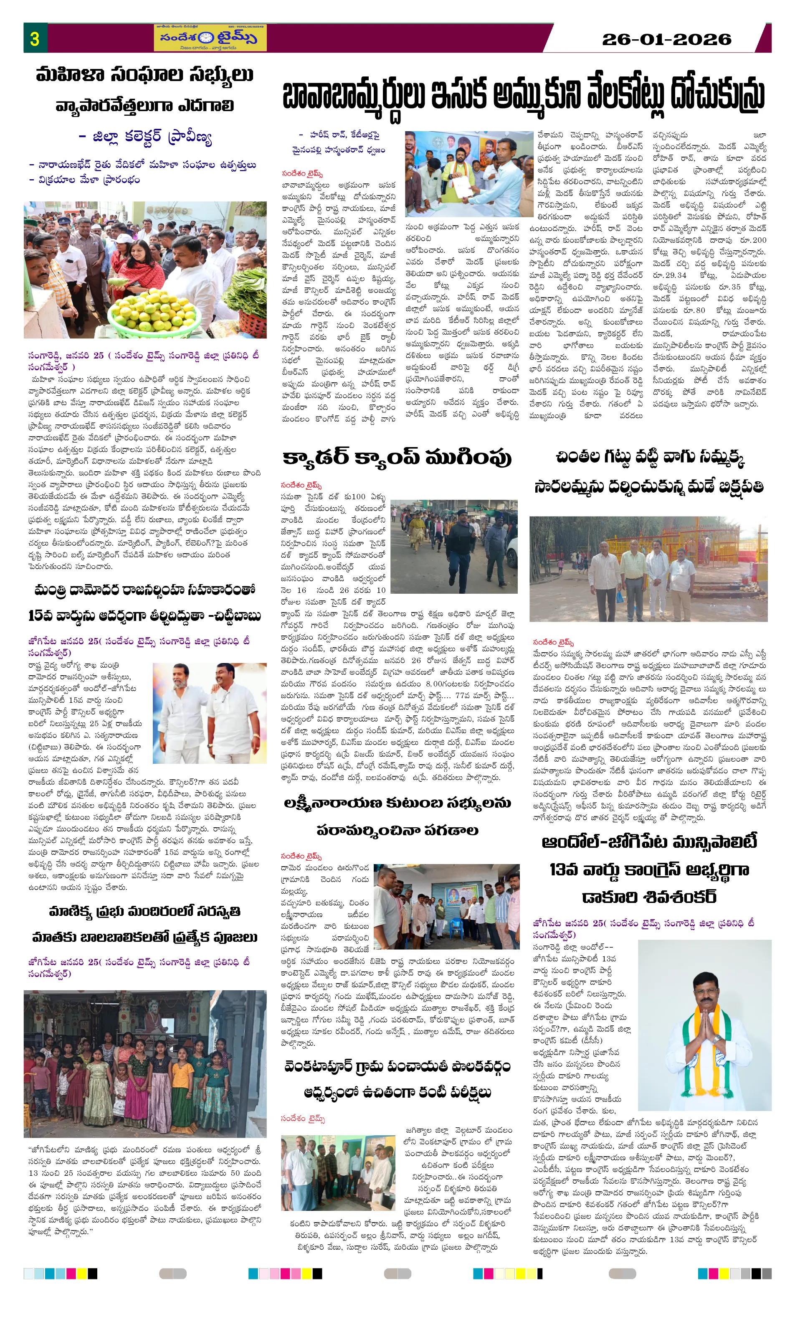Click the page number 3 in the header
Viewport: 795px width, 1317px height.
(x=35, y=38)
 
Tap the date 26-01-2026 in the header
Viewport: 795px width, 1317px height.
(x=666, y=39)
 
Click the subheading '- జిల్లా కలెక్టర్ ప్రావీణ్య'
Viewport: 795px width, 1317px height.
(x=145, y=137)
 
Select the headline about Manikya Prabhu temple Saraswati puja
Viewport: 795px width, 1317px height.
(x=145, y=924)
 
